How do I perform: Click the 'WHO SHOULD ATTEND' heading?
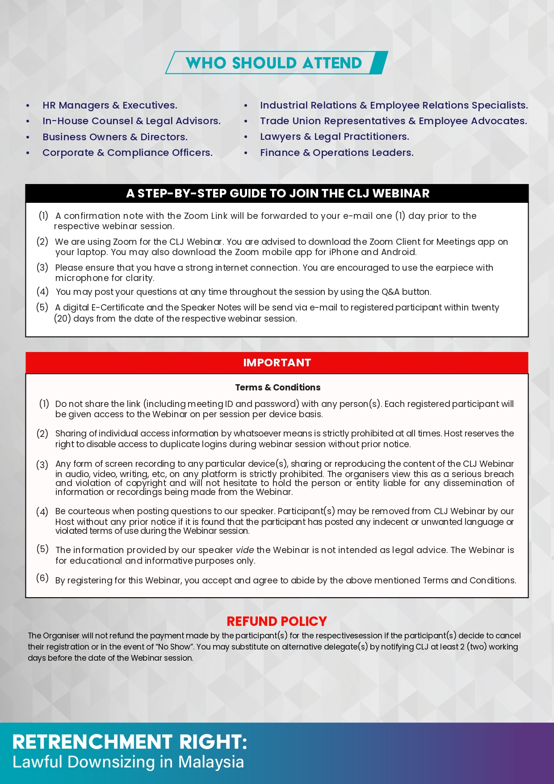point(274,63)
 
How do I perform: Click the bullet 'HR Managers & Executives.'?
point(109,105)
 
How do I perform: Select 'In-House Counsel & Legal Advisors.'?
point(131,121)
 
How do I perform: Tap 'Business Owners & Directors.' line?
point(115,137)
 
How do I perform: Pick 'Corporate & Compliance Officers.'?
point(127,153)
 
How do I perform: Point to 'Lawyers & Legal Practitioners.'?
point(334,137)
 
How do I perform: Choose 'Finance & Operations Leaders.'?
point(336,153)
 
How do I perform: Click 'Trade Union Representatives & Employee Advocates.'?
point(393,121)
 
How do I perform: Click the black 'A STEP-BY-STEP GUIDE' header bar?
point(277,193)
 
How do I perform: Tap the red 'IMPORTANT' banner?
point(277,363)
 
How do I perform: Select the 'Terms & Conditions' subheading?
point(277,387)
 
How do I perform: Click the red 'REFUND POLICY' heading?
point(277,621)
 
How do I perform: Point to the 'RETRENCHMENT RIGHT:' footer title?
point(130,742)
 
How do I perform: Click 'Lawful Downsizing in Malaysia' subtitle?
point(128,762)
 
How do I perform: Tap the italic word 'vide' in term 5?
point(245,550)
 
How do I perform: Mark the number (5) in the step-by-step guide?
point(42,307)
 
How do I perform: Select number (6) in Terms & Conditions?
point(42,578)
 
